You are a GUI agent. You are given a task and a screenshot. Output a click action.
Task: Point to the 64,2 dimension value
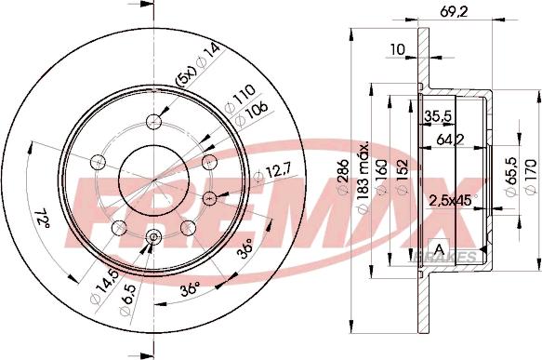pos(448,140)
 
